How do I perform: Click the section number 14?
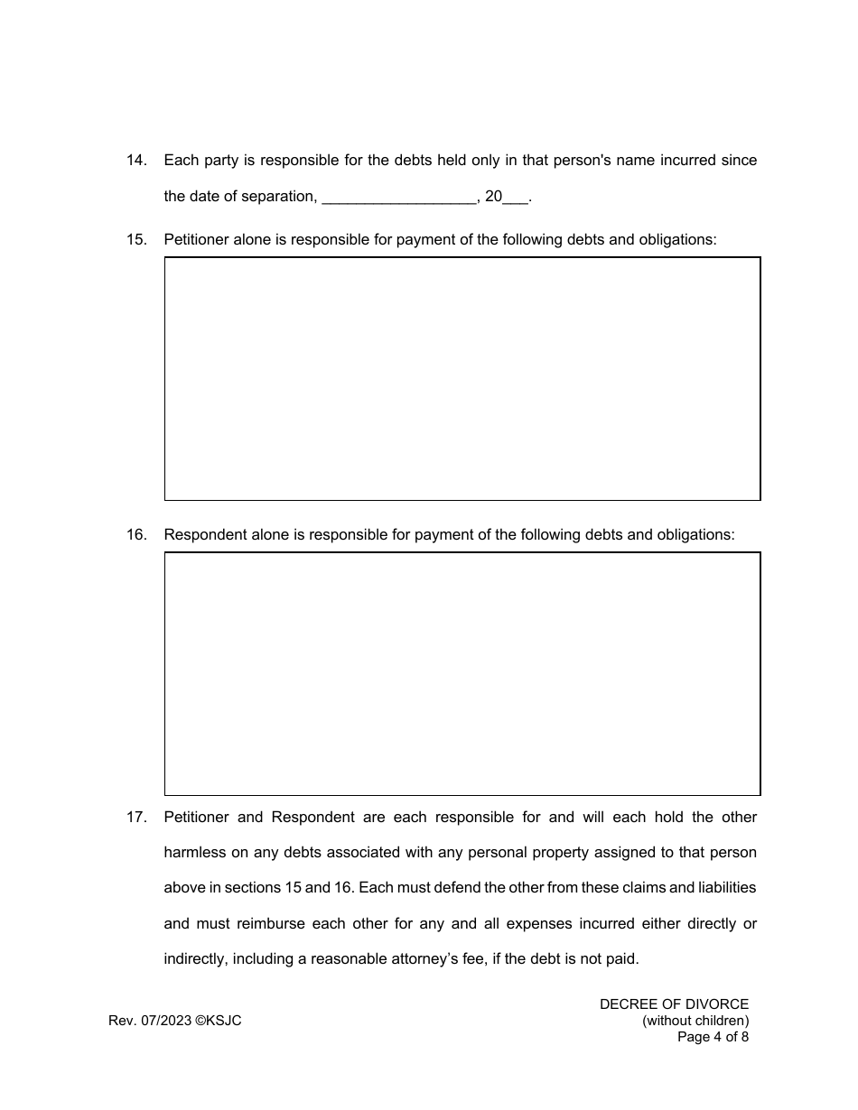(135, 161)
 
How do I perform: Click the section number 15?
(135, 240)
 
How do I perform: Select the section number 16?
(135, 535)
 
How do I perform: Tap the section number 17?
(135, 818)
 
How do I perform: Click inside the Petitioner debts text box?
(462, 379)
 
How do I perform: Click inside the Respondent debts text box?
(462, 674)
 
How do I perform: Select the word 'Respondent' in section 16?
(205, 535)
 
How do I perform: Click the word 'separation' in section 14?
(277, 197)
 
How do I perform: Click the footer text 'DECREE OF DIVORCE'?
(674, 1004)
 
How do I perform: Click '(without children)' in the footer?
(695, 1021)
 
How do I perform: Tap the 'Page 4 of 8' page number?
(713, 1037)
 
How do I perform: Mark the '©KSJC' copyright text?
(219, 1021)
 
